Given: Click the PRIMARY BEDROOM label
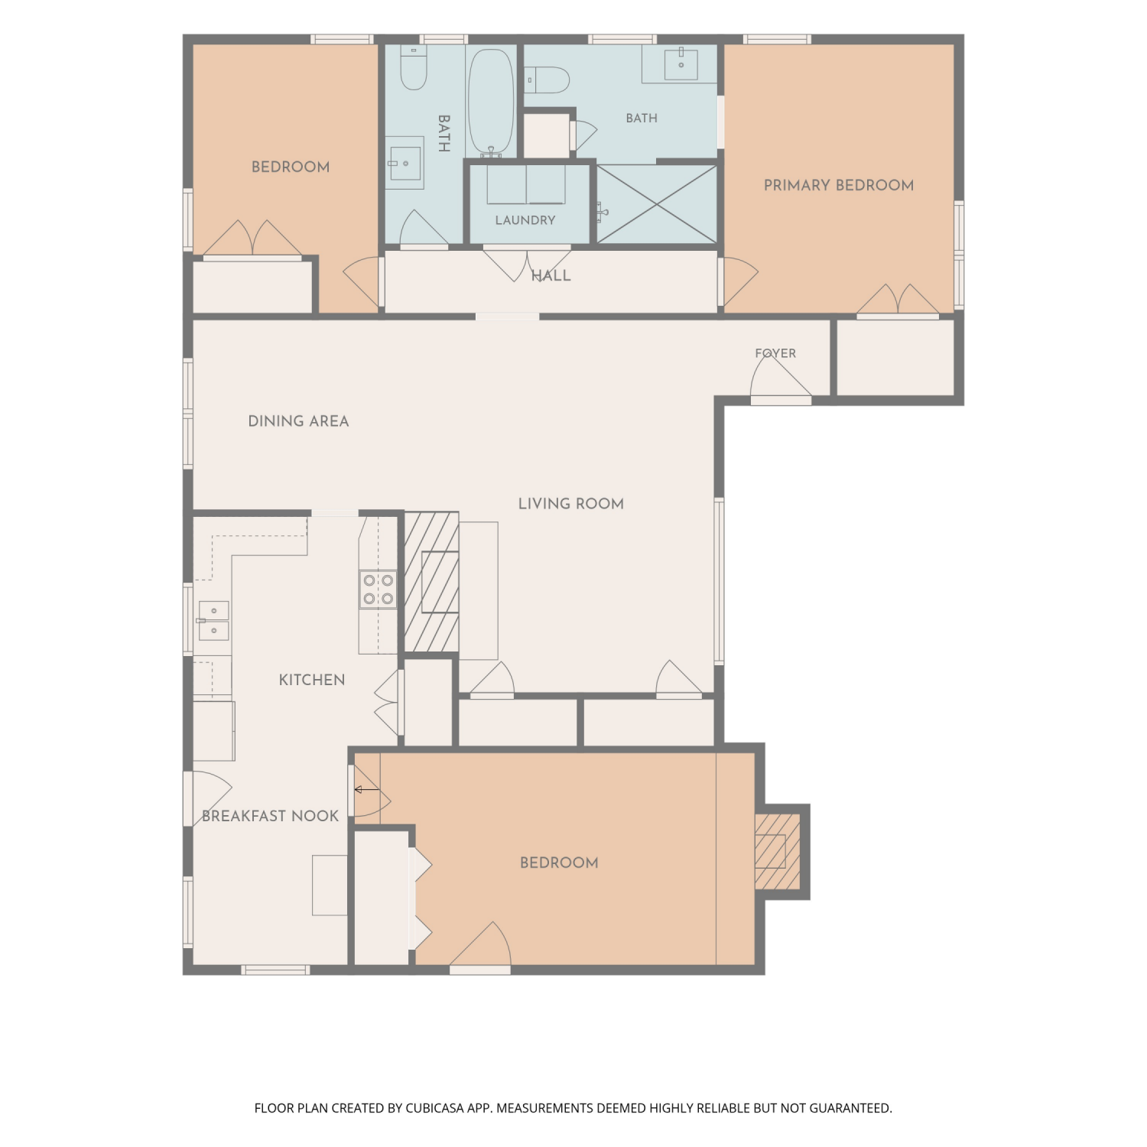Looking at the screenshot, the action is tap(839, 185).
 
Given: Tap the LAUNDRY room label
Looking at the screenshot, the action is tap(525, 220).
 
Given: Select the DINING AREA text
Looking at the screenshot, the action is tap(298, 421).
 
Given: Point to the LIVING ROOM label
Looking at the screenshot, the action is tap(571, 504).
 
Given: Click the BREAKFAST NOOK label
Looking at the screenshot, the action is tap(270, 816).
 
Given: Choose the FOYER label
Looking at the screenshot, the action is tap(775, 353).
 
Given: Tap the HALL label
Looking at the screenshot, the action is tap(551, 276).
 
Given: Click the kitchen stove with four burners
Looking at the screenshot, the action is tap(378, 590).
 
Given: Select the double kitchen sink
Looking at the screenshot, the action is tap(213, 620).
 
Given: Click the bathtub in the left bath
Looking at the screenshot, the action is tap(490, 102).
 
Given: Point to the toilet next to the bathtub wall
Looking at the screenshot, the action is tap(414, 67).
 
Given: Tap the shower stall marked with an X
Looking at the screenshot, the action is tap(657, 205).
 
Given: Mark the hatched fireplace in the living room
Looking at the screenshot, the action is tap(431, 582).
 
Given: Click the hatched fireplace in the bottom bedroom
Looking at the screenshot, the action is tap(778, 851).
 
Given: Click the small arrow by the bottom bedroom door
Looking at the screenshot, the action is tap(366, 789).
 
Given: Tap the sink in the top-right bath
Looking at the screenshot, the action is tap(681, 63).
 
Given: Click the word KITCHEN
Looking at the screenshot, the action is tap(312, 680).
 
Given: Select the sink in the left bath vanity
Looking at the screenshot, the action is tap(405, 163).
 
